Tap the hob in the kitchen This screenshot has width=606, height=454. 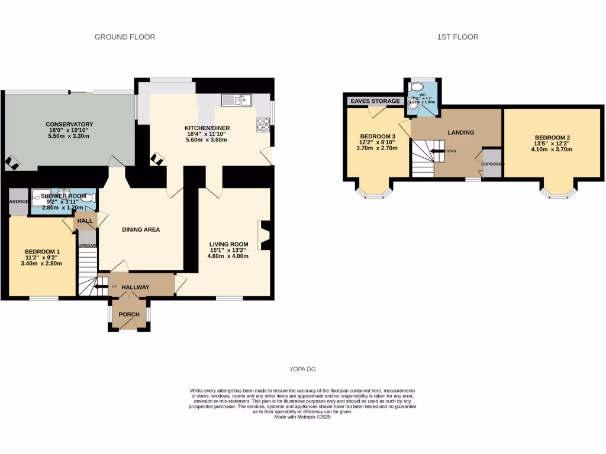tap(263, 124)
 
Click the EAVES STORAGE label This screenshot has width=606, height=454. tap(375, 101)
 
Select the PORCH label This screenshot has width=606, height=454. tap(128, 314)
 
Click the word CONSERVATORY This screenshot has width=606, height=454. tap(69, 124)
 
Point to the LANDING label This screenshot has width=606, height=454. tap(460, 132)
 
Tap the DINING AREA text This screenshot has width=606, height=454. tap(141, 229)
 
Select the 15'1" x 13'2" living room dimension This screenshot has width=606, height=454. tap(227, 250)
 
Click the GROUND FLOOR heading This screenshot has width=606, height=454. tap(125, 37)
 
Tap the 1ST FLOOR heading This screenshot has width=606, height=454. tap(457, 37)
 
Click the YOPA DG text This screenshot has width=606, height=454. tap(302, 369)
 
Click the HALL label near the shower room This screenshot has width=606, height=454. tap(85, 220)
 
